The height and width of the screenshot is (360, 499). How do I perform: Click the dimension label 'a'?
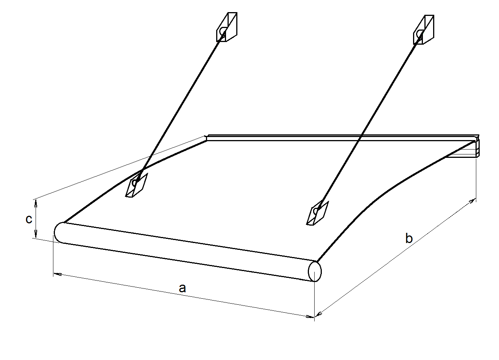182,288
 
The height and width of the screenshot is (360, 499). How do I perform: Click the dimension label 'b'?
409,238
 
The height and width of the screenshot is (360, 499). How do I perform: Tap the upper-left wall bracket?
227,27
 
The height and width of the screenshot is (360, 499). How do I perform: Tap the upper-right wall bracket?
424,30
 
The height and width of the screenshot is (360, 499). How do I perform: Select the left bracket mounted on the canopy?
136,185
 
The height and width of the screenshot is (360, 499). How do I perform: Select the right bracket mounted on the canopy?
317,213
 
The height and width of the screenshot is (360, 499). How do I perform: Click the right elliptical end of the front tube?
315,271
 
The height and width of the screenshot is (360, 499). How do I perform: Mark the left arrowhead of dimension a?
57,274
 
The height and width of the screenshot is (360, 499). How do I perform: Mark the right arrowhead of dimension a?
310,316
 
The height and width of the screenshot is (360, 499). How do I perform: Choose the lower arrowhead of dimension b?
319,314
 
